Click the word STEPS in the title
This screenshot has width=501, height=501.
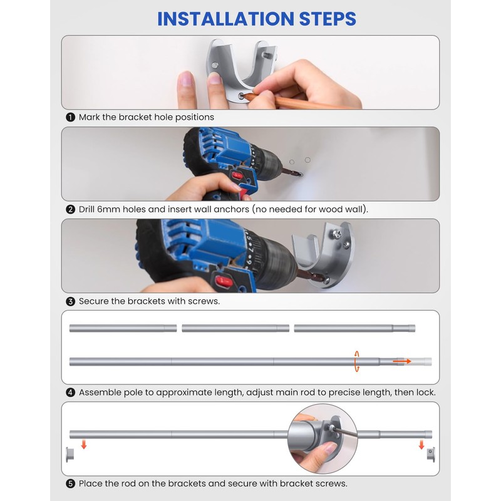pos(328,19)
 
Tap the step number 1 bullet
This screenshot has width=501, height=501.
pos(70,117)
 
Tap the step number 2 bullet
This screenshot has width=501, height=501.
pos(70,209)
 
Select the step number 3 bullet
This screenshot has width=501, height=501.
pos(70,301)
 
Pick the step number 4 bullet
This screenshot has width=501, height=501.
pos(70,393)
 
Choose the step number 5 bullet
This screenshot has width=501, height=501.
pos(70,483)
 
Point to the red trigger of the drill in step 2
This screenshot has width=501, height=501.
pos(237,176)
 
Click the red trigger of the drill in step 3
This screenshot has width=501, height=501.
pos(224,281)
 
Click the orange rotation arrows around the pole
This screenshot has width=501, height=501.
pos(356,361)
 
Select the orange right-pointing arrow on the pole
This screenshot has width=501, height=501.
pos(402,361)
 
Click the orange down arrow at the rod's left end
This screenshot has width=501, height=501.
pos(84,444)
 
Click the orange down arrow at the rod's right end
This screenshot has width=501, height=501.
pos(421,444)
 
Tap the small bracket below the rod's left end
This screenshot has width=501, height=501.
pos(70,455)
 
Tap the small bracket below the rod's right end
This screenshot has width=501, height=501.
pos(431,455)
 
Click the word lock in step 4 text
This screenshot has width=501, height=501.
pos(427,393)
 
